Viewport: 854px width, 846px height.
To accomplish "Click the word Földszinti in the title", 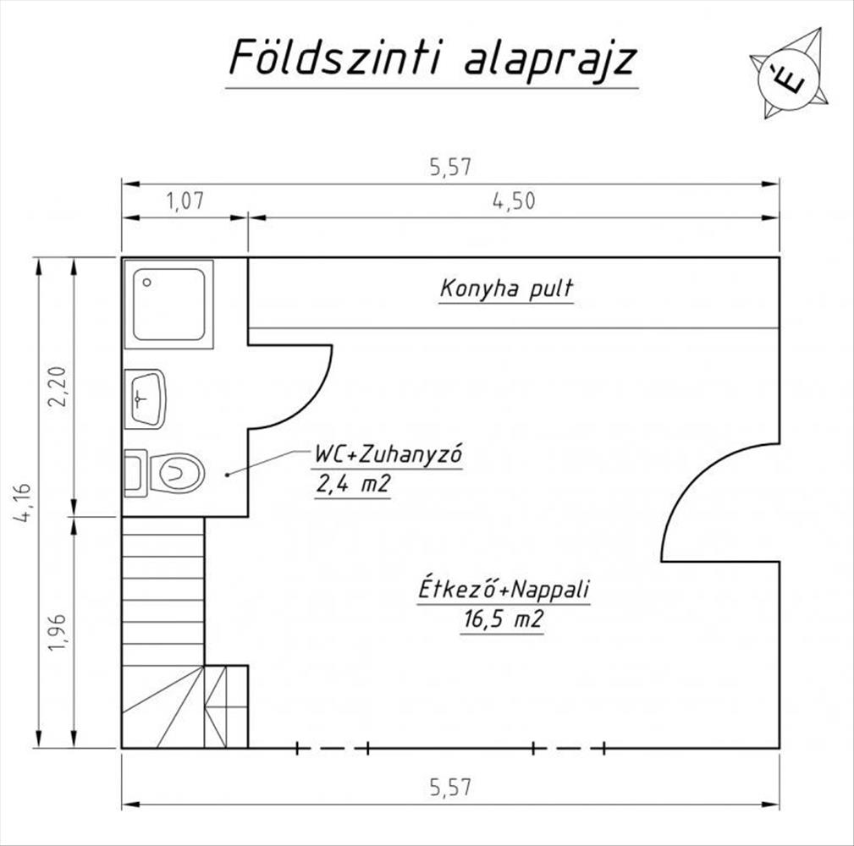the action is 334,57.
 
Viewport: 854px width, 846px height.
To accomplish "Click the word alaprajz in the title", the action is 550,58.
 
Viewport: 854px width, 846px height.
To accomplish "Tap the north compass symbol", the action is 789,74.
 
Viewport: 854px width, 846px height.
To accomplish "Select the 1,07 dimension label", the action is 185,201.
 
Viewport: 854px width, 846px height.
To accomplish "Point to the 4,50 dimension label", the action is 514,201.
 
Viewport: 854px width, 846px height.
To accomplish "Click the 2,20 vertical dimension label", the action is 58,387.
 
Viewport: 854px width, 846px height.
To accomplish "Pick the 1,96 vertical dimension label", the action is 58,632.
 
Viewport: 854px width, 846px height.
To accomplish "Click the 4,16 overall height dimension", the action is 23,503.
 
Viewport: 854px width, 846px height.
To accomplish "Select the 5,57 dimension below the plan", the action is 450,788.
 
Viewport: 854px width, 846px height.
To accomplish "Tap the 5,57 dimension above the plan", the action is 450,167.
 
